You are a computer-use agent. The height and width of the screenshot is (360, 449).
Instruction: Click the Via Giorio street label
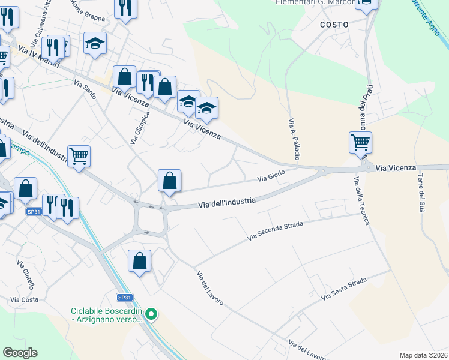coord(271,176)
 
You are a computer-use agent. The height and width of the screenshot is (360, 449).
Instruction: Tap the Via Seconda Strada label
coord(276,231)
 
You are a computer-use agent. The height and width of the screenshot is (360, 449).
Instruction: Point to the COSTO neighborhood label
coord(334,25)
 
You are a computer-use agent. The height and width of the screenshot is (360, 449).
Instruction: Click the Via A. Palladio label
coord(294,142)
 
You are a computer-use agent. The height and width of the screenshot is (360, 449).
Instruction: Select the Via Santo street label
coord(85,91)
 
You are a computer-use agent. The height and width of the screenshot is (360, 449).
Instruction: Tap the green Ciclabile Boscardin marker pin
coord(152,314)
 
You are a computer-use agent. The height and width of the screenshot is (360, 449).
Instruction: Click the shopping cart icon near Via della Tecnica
coord(360,143)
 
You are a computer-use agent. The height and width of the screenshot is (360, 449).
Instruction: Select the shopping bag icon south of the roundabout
coord(139,261)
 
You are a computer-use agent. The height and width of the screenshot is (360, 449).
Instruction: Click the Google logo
coord(20,353)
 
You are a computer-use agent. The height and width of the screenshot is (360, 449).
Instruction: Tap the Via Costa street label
coord(24,299)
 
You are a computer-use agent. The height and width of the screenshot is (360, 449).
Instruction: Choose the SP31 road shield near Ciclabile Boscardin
coord(124,297)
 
